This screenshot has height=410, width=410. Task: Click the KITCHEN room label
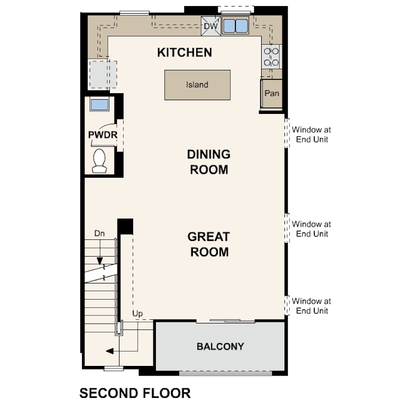(184, 52)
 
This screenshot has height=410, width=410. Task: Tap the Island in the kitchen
(197, 85)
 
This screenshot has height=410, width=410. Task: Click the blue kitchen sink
(234, 26)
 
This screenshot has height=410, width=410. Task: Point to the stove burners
(272, 57)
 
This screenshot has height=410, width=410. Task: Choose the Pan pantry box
(272, 94)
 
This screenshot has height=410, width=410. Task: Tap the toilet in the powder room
(99, 160)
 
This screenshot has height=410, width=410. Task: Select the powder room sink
(99, 105)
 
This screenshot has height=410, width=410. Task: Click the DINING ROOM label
(209, 161)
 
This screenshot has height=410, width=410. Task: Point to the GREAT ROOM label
(209, 244)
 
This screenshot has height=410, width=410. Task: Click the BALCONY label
(220, 347)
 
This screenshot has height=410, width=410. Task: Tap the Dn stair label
(100, 234)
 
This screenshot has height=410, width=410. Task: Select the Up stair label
(138, 314)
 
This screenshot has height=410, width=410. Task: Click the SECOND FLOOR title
(135, 393)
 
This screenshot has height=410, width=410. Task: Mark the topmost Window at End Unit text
(311, 134)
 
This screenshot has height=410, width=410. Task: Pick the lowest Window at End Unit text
(311, 306)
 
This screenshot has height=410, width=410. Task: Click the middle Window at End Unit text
(311, 229)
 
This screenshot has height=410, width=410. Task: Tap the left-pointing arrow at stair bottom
(109, 350)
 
